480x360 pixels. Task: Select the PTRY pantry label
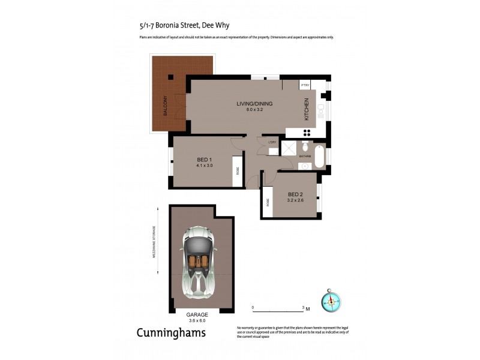pos(304,85)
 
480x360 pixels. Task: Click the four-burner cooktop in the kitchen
pos(306,132)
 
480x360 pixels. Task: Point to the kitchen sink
pos(320,109)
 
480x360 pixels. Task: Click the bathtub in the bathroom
pos(319,155)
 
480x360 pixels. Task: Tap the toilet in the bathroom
pos(305,147)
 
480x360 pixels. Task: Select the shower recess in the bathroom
pos(289,149)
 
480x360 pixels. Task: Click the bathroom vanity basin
pos(305,164)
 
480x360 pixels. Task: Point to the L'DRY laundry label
pos(272,142)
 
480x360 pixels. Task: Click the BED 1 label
pos(204,159)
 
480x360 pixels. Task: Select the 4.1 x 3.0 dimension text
pos(205,165)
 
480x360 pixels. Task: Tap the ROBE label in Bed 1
pos(237,170)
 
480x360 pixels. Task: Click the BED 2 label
pos(295,194)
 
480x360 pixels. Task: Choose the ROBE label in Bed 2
pos(267,202)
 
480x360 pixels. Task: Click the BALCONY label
pos(164,106)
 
